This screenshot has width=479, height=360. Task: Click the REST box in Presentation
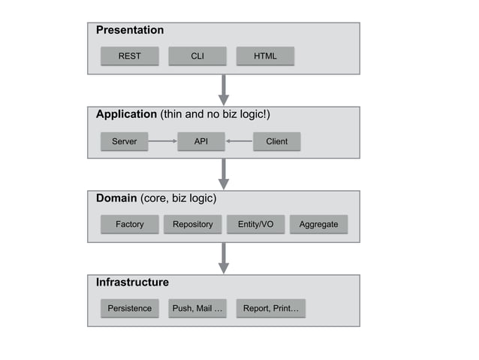pos(130,56)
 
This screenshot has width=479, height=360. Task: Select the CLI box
pos(197,56)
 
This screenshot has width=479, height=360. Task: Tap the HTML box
pos(265,56)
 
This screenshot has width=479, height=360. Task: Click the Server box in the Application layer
pos(125,141)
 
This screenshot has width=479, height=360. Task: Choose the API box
pos(201,141)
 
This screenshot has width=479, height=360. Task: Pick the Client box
pos(276,141)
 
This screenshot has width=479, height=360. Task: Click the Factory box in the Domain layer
pos(130,224)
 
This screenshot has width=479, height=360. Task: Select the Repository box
pos(193,224)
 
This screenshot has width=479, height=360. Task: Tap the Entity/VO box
pos(255,224)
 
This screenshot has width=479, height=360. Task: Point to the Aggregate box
pos(318,224)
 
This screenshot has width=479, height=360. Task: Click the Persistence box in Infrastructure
pos(130,308)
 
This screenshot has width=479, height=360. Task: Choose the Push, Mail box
pos(197,308)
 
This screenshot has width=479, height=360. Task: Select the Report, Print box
pos(270,308)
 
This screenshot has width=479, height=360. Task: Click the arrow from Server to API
pos(162,141)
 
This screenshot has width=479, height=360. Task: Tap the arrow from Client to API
pos(239,141)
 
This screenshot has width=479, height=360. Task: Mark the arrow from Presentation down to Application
pos(223,89)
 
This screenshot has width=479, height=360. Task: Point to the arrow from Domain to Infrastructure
pos(223,258)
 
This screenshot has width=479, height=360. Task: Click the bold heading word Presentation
pos(130,31)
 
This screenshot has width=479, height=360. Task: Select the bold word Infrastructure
pos(132,283)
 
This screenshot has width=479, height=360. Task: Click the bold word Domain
pos(116,198)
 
